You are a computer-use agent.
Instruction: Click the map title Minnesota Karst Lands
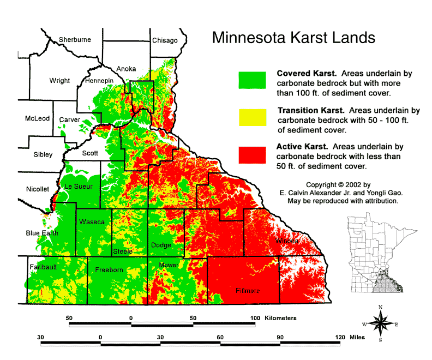(293, 38)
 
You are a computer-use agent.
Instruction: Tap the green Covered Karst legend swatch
(252, 80)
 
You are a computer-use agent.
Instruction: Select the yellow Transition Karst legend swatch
(252, 117)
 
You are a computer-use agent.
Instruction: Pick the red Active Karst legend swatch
(252, 154)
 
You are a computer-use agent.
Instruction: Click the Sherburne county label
(75, 40)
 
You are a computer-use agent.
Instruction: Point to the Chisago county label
(165, 40)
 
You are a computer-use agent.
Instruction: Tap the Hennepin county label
(99, 81)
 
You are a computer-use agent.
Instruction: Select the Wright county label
(59, 81)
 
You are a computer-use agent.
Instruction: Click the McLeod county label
(37, 118)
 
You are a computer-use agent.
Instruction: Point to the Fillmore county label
(248, 291)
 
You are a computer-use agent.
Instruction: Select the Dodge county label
(161, 245)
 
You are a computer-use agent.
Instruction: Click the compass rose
(381, 323)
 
